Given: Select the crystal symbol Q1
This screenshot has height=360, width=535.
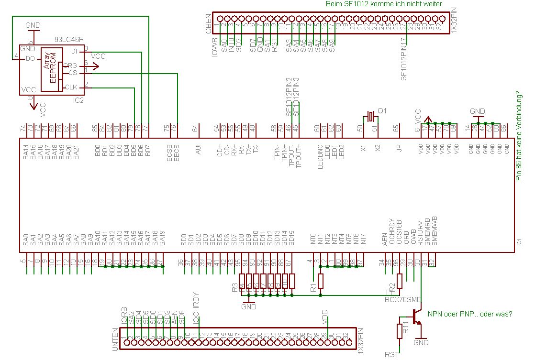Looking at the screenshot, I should [x=371, y=116].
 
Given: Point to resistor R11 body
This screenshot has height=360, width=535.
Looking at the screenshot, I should [x=400, y=331].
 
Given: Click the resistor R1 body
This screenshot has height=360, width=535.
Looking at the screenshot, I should [x=321, y=282].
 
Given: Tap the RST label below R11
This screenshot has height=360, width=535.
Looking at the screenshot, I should [x=391, y=355].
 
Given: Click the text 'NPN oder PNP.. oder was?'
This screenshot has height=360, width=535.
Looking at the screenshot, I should [x=470, y=314].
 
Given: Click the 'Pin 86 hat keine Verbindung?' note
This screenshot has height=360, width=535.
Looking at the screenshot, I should [x=519, y=136].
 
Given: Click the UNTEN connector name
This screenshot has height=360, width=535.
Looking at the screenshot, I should [x=115, y=340].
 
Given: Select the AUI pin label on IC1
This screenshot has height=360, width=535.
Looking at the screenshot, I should [x=198, y=149].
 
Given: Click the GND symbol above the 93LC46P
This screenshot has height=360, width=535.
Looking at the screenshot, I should [x=33, y=25].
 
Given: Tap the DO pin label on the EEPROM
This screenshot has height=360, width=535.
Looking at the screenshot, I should [x=30, y=58].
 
